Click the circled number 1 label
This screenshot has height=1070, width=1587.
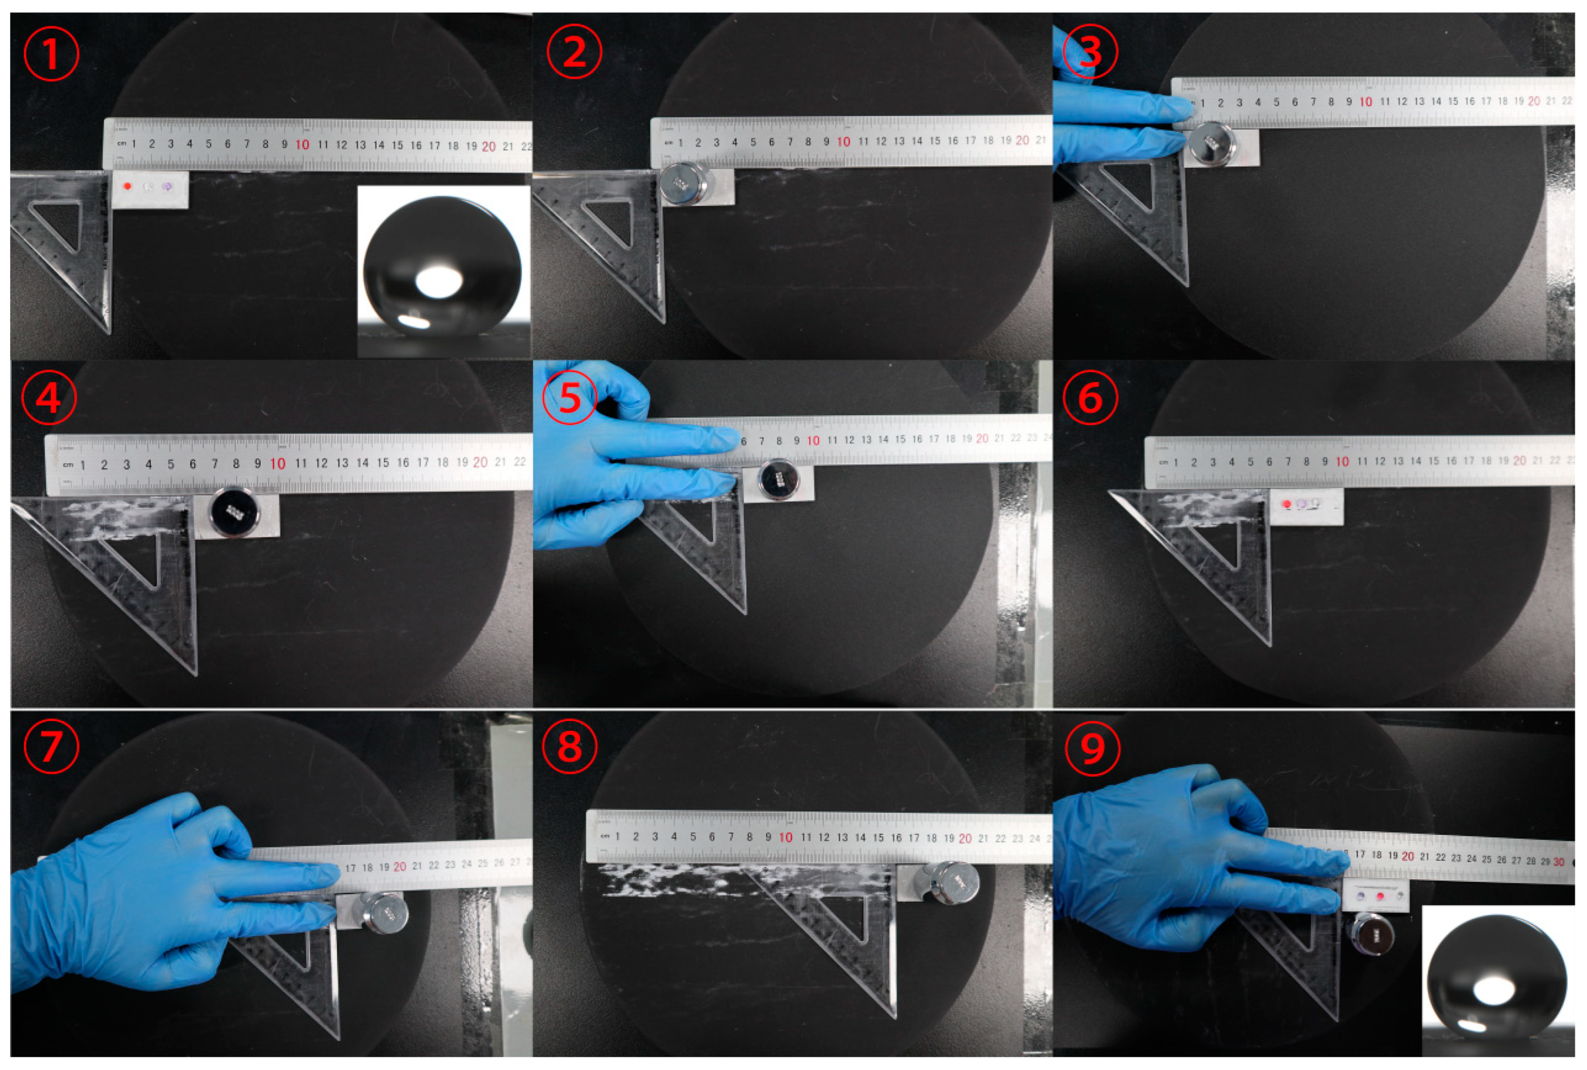coord(51,54)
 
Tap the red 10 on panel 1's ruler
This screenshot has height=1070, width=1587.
coord(302,145)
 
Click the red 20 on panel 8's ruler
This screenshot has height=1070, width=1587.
coord(965,838)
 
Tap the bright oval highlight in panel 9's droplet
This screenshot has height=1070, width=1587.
coord(1493,992)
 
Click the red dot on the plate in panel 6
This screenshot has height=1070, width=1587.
coord(1287,504)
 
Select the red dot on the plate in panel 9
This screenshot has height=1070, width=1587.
coord(1380,896)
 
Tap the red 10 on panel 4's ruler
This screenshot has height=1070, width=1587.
coord(277,464)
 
